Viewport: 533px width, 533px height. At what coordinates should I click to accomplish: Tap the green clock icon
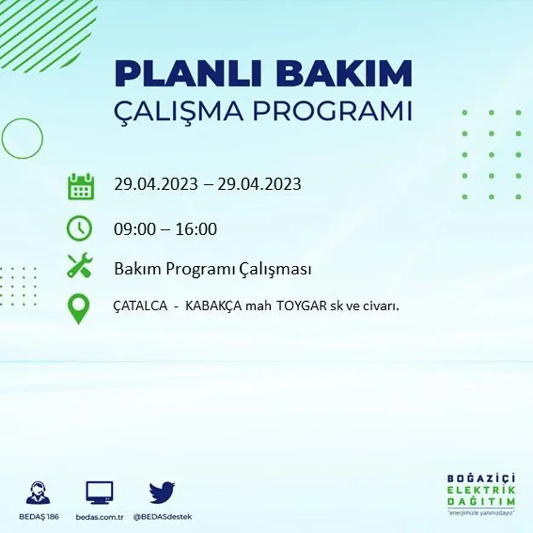[79, 229]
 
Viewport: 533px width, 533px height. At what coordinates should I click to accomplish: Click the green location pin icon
[79, 308]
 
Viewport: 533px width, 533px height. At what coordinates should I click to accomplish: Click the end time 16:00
[196, 230]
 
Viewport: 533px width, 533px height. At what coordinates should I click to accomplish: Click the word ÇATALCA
[140, 306]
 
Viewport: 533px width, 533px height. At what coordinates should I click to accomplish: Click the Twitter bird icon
[162, 492]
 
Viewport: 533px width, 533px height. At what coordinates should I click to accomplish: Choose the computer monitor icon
[99, 492]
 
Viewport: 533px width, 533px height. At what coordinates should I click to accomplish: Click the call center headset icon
[38, 492]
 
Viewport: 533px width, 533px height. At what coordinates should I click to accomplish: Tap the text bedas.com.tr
[100, 517]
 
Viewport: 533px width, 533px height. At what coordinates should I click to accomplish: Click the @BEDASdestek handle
[162, 517]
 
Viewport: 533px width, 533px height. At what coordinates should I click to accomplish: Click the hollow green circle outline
[22, 139]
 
